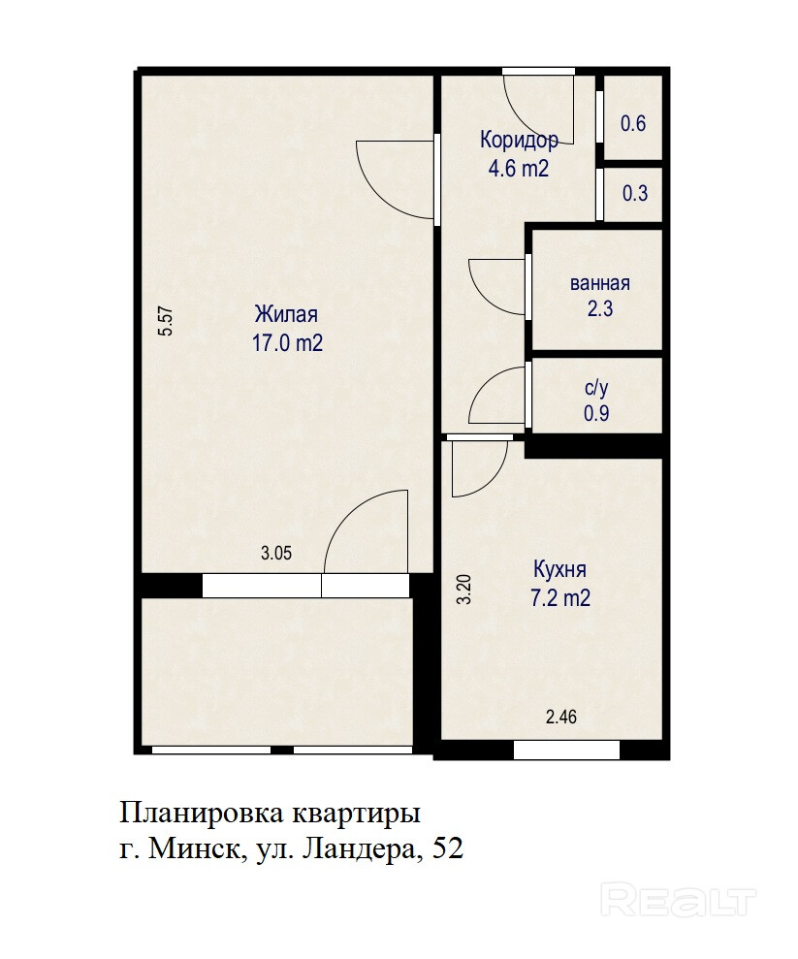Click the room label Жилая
pos(286,314)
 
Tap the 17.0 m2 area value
pos(287,342)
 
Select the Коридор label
pos(519,140)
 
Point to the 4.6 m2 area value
pos(519,168)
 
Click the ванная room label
pos(599,283)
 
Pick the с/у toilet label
pos(596,388)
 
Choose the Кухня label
pos(559,569)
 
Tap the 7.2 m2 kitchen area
pos(560,597)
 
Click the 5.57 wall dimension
pos(167,321)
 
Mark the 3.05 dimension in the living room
pos(276,553)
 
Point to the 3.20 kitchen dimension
pos(464,590)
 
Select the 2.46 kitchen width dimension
pos(560,717)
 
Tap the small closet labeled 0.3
pos(635,194)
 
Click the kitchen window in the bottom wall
pos(566,750)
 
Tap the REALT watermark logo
pos(678,899)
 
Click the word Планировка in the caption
pos(203,815)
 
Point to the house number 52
pos(448,848)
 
